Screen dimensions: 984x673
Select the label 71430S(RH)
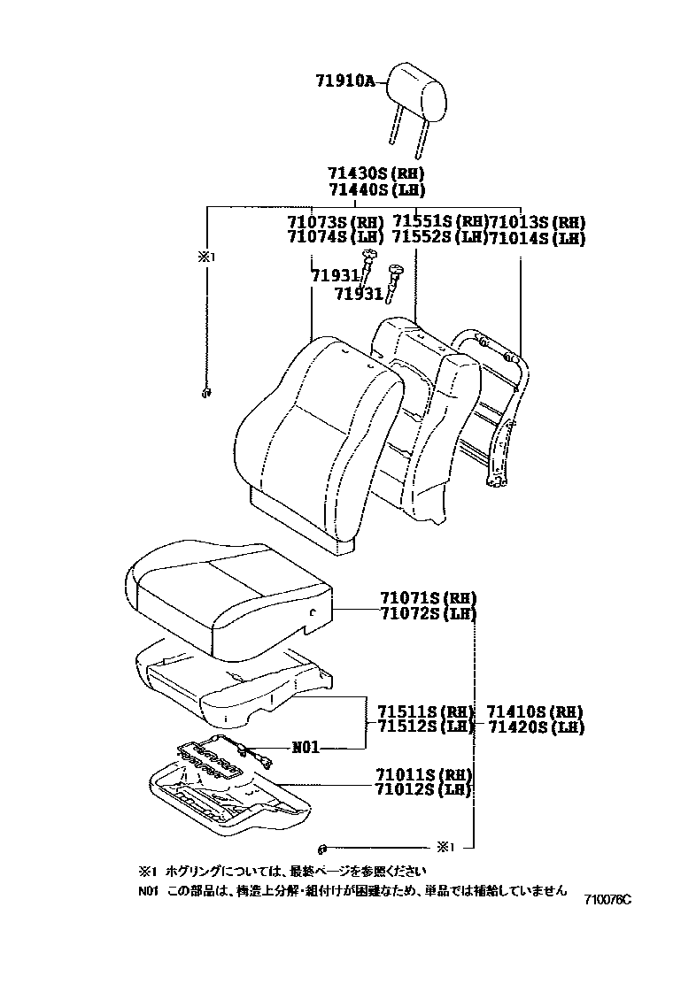(376, 174)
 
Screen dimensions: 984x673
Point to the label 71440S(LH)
(376, 190)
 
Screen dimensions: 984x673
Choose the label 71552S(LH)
(438, 237)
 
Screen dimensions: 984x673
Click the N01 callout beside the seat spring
(305, 747)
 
